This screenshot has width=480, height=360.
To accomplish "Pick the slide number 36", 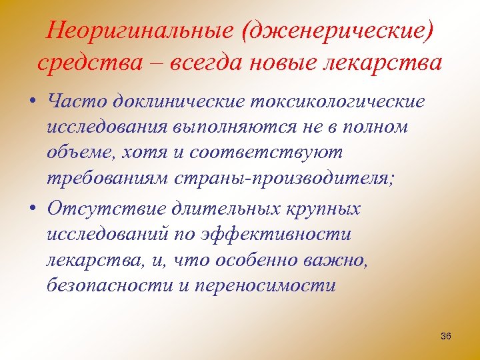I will (x=446, y=336).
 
